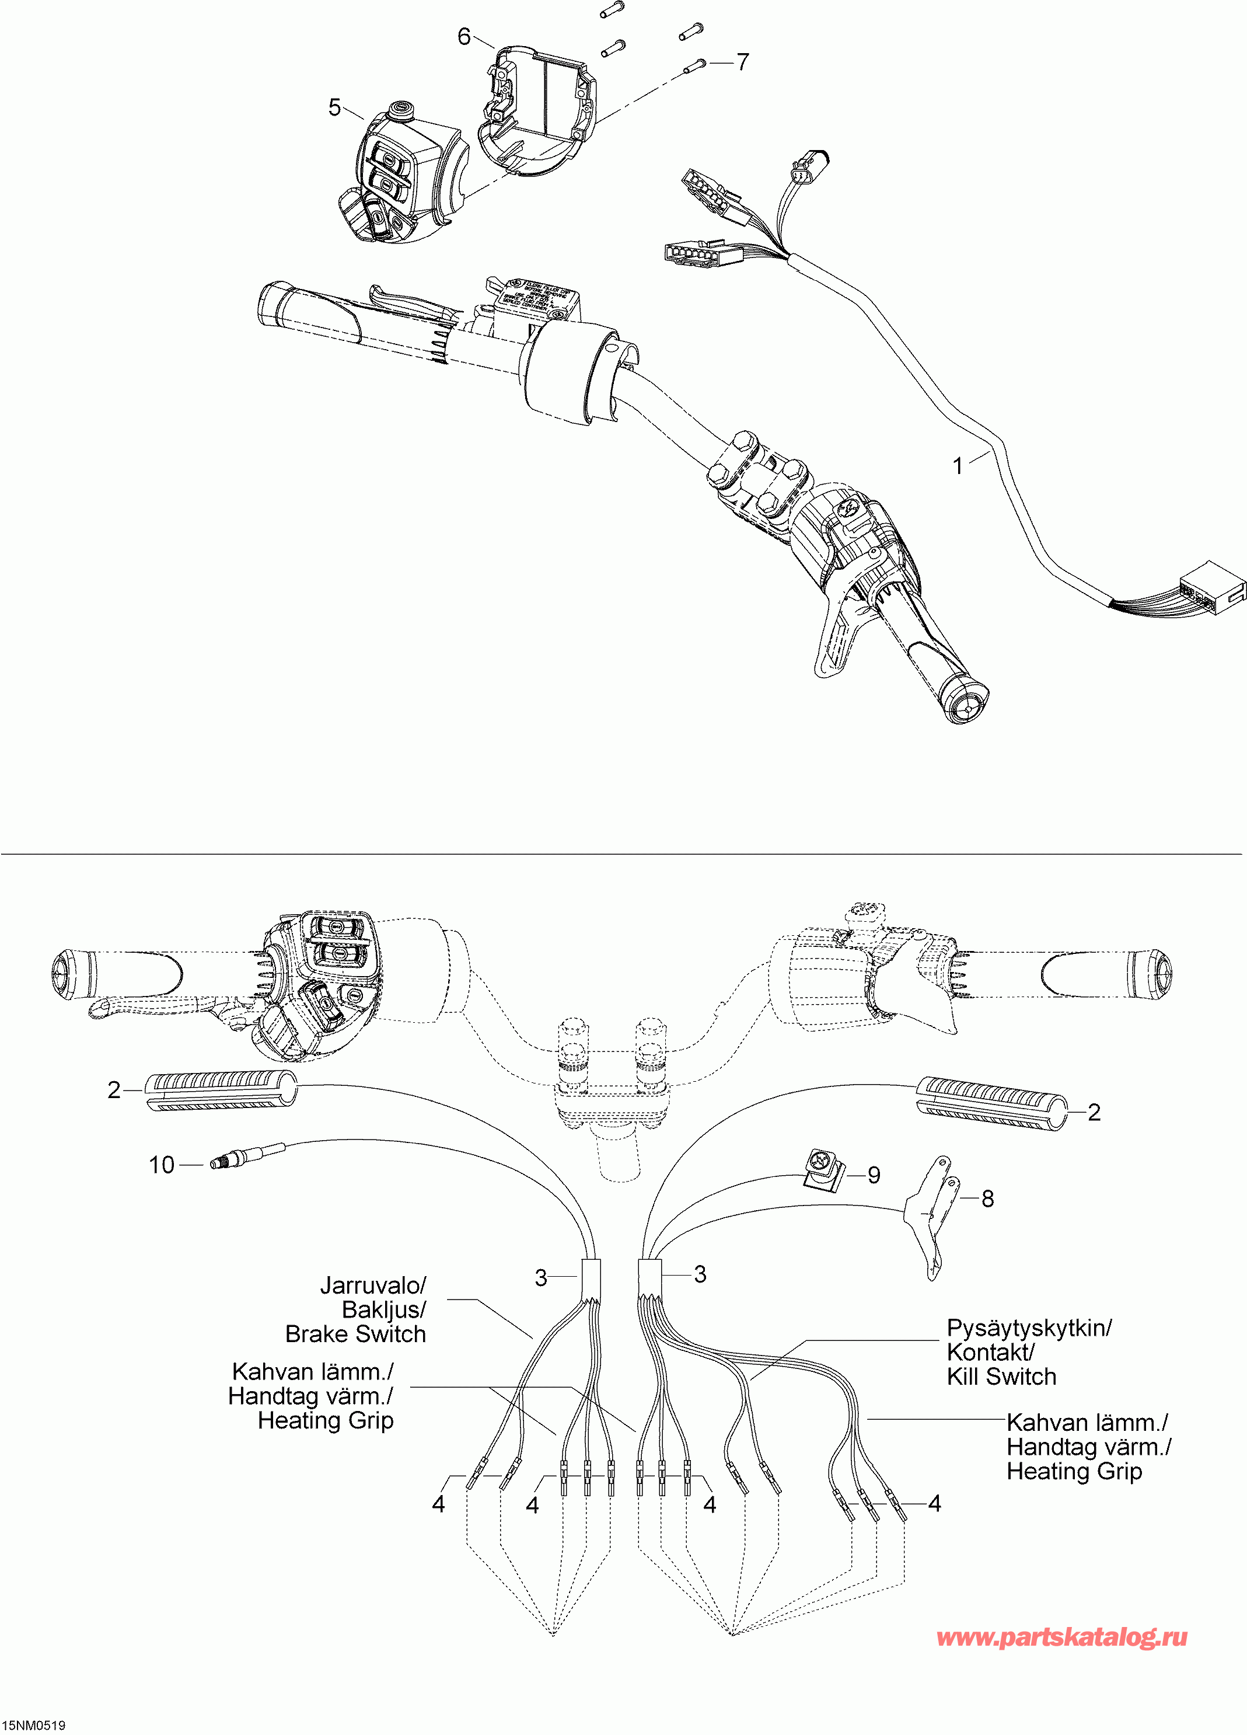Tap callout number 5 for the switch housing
click(334, 107)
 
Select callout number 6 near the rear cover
click(464, 36)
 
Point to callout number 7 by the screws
click(742, 62)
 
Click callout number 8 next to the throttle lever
click(988, 1199)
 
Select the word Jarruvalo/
click(372, 1285)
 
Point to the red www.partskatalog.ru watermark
click(1062, 1637)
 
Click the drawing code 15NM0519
click(34, 1725)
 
